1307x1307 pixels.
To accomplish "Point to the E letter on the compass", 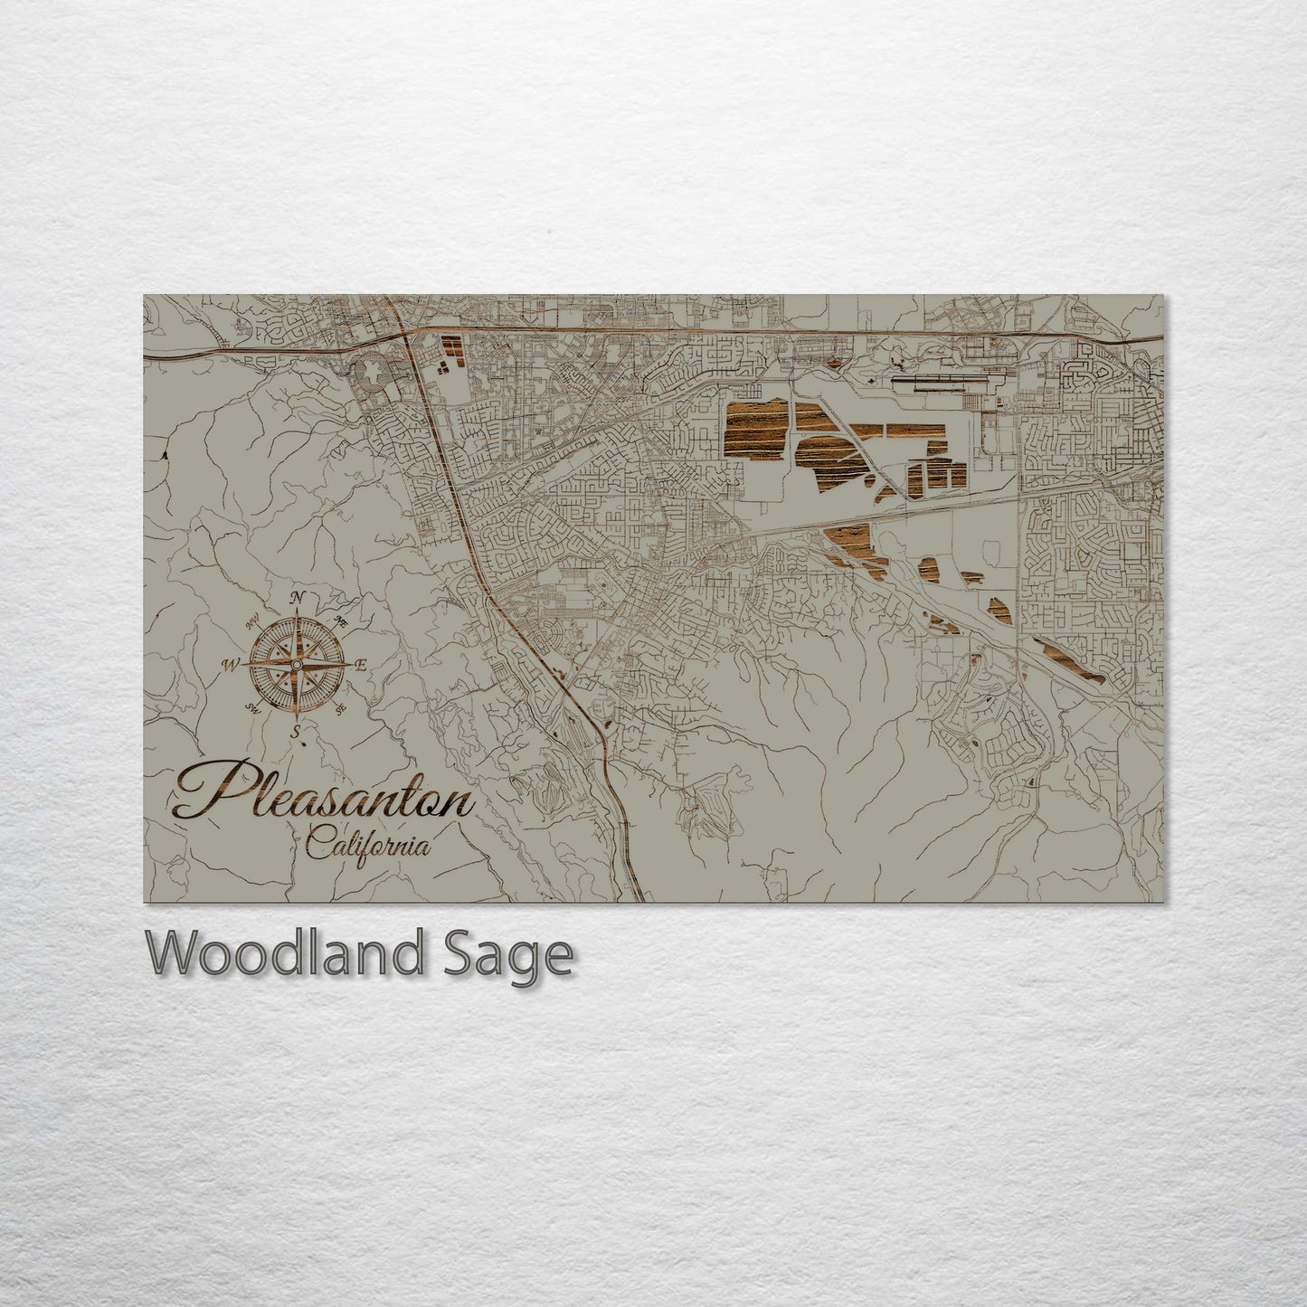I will tap(359, 666).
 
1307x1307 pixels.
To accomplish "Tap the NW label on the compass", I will tap(252, 619).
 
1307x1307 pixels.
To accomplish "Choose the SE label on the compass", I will tap(340, 709).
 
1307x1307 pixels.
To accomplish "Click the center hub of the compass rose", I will tap(295, 665).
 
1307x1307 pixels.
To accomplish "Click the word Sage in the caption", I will tap(524, 954).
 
